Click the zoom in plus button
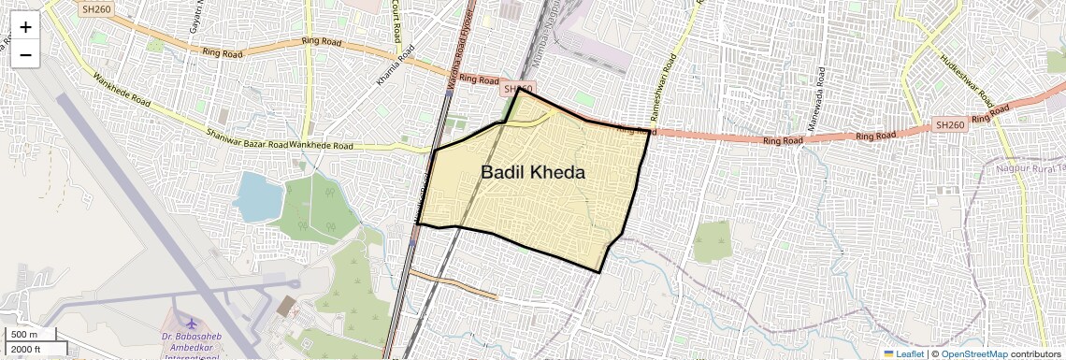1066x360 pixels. coord(25,27)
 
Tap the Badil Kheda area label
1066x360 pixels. coord(533,173)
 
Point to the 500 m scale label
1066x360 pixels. coord(24,335)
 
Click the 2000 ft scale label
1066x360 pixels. coord(26,349)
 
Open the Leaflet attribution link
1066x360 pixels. coord(903,353)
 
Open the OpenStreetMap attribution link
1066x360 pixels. coord(973,353)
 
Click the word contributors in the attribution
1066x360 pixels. coord(1035,353)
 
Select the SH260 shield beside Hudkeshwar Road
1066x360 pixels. coord(949,125)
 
